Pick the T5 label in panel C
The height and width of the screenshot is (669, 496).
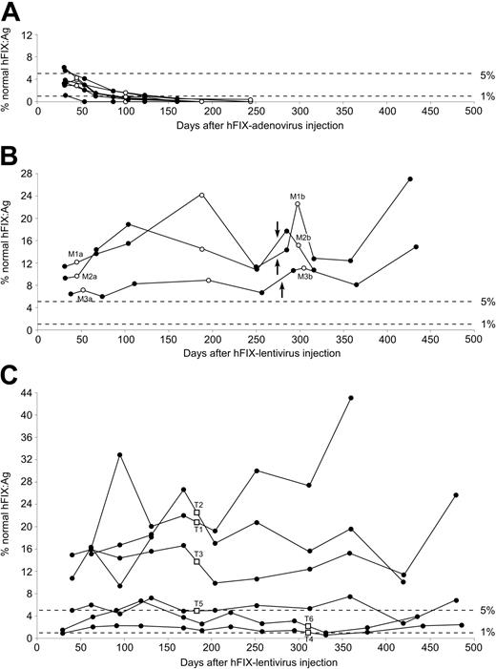[x=198, y=603]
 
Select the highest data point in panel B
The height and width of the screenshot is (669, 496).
[x=410, y=179]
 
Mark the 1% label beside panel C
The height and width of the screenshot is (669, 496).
[x=486, y=633]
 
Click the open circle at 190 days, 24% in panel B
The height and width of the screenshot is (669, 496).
[x=201, y=195]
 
